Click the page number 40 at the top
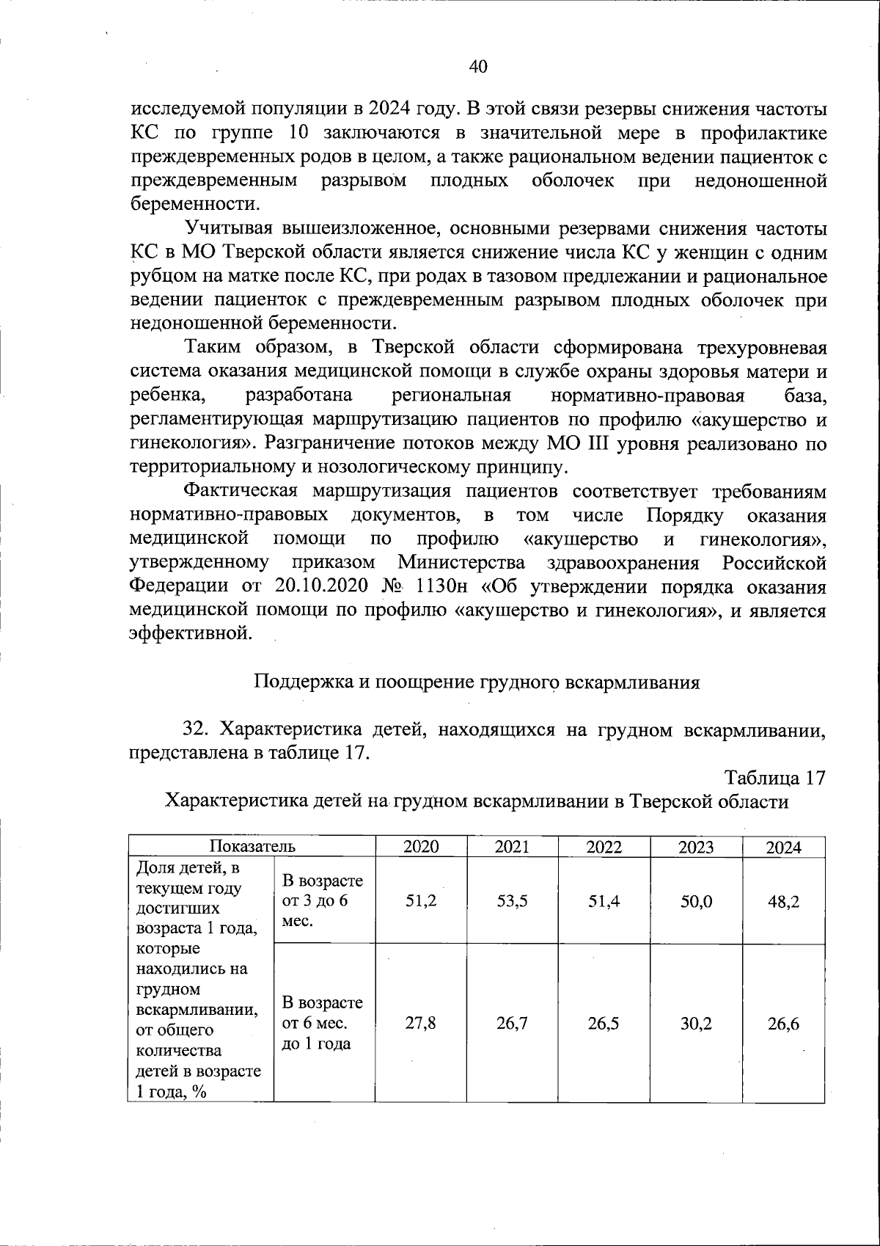478,67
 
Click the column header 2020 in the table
421,847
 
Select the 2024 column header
783,848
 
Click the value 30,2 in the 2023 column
695,1023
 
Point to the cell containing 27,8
421,1023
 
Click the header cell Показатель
252,846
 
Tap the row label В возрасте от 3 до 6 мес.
322,901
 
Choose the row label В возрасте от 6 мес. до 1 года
322,1023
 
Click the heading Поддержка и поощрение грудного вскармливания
477,682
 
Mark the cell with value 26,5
604,1023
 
